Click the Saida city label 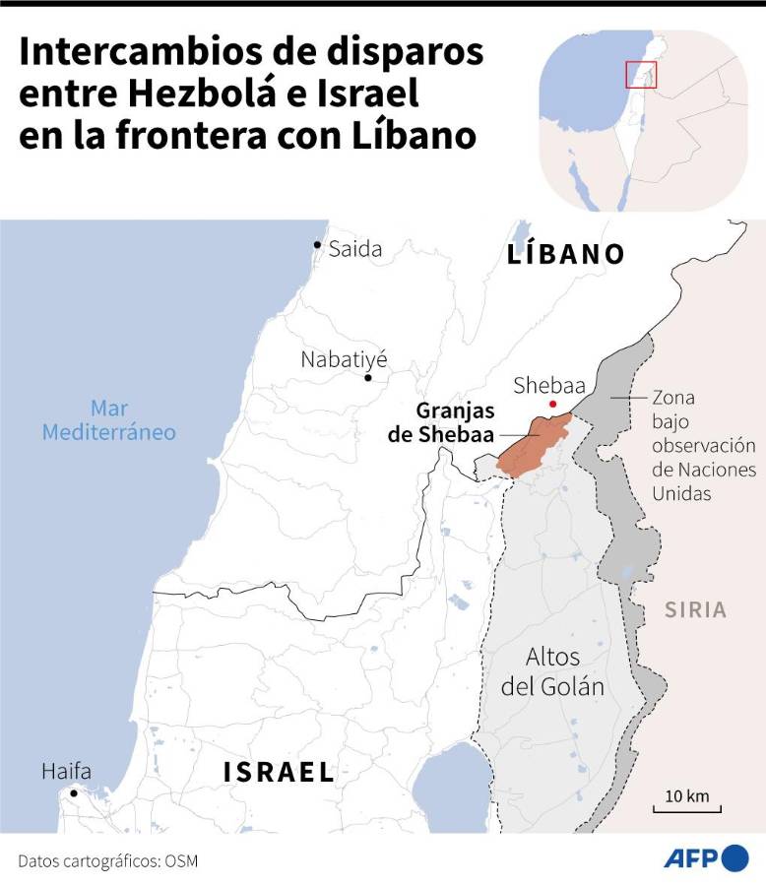click(x=354, y=249)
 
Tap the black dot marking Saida click(x=317, y=244)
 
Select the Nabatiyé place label click(x=345, y=359)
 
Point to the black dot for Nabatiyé click(x=368, y=377)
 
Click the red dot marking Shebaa click(x=553, y=404)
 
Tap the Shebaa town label click(x=549, y=385)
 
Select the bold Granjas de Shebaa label click(x=455, y=423)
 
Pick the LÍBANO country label click(x=566, y=254)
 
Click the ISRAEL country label click(x=279, y=772)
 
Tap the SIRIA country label click(x=695, y=610)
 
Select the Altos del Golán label click(x=552, y=671)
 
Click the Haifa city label click(x=66, y=772)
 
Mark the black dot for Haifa click(x=73, y=792)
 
